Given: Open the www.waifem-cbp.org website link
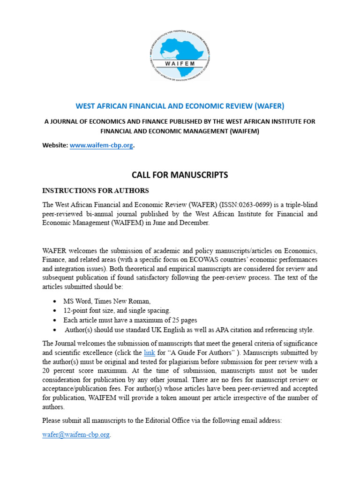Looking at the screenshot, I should coord(101,146).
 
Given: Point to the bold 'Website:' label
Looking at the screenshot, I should coord(55,146).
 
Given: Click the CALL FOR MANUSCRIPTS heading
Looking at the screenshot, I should coord(180,175).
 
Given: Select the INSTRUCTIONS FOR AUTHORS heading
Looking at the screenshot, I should coord(96,191).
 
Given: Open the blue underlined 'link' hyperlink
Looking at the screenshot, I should coord(149,352).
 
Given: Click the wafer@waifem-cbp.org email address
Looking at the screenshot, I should coord(76,435).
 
